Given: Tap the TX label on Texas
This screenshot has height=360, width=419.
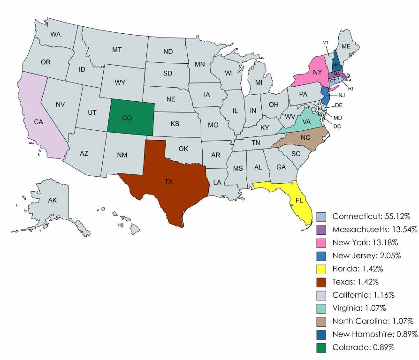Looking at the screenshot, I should pyautogui.click(x=168, y=181).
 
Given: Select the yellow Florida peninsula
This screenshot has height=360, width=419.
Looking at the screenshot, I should pyautogui.click(x=298, y=202).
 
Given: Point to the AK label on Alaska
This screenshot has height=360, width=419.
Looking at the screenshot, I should pyautogui.click(x=53, y=200).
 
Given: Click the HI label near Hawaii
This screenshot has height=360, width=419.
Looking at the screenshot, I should pyautogui.click(x=120, y=225).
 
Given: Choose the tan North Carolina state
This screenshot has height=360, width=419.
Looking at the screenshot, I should pyautogui.click(x=305, y=138).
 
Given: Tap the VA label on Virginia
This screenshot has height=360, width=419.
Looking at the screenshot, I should pyautogui.click(x=306, y=121).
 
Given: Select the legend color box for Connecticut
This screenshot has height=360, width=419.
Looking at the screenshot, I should pyautogui.click(x=321, y=217).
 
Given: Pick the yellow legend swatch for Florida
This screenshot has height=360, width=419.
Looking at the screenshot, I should pyautogui.click(x=321, y=269).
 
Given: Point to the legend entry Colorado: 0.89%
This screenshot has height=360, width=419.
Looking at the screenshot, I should pyautogui.click(x=363, y=347).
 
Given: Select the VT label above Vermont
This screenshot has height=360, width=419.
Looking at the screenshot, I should pyautogui.click(x=326, y=43).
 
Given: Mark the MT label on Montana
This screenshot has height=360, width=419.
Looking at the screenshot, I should pyautogui.click(x=117, y=50).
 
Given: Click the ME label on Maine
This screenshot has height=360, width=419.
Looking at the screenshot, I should pyautogui.click(x=346, y=46).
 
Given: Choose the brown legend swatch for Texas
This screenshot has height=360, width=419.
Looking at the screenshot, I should pyautogui.click(x=321, y=282).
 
